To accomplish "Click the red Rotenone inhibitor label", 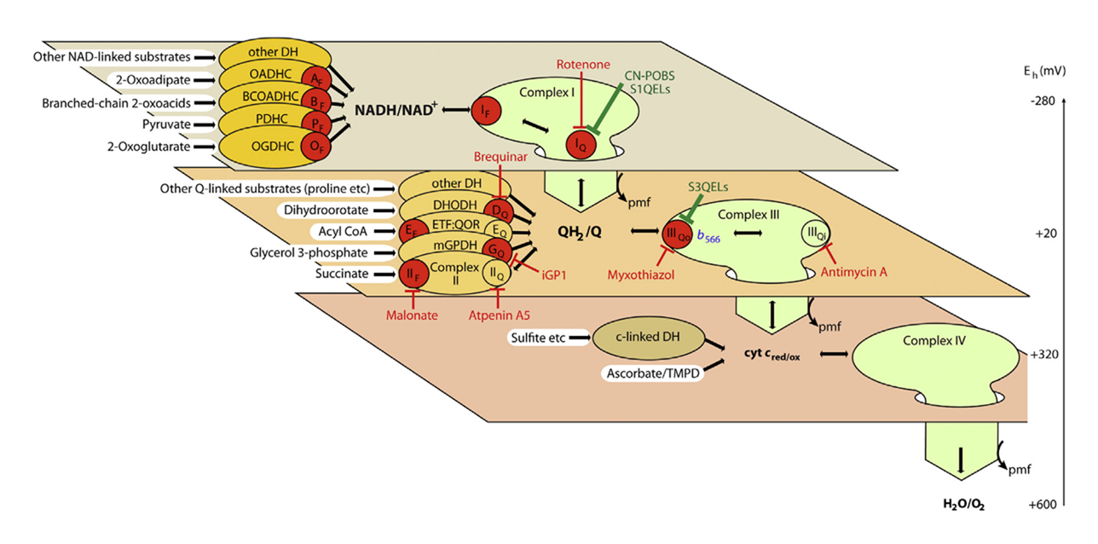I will click(x=581, y=65).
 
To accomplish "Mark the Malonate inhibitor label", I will click(x=413, y=315).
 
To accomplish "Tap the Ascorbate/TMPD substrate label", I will click(x=652, y=373).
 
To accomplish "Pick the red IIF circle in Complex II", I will click(x=412, y=274).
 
